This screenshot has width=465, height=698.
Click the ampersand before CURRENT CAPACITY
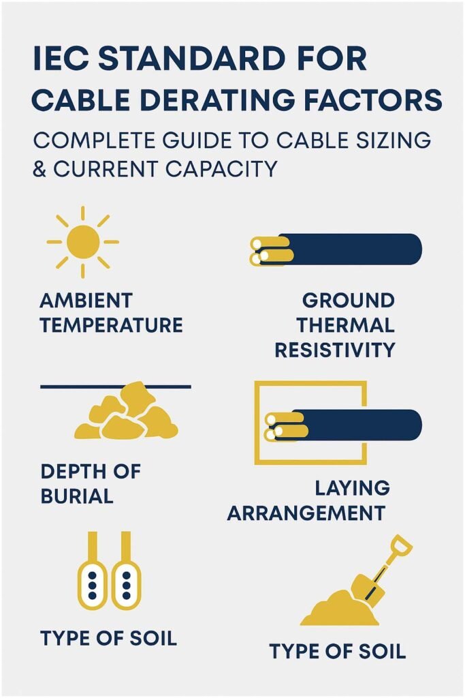pyautogui.click(x=39, y=168)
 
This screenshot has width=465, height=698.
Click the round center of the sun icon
pyautogui.click(x=83, y=241)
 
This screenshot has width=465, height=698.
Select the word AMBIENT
pyautogui.click(x=86, y=301)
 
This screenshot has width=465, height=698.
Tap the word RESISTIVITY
pyautogui.click(x=334, y=350)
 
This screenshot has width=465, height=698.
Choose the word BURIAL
pyautogui.click(x=77, y=496)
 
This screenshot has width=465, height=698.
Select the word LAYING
pyautogui.click(x=352, y=488)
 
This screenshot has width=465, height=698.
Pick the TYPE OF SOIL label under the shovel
pyautogui.click(x=337, y=651)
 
